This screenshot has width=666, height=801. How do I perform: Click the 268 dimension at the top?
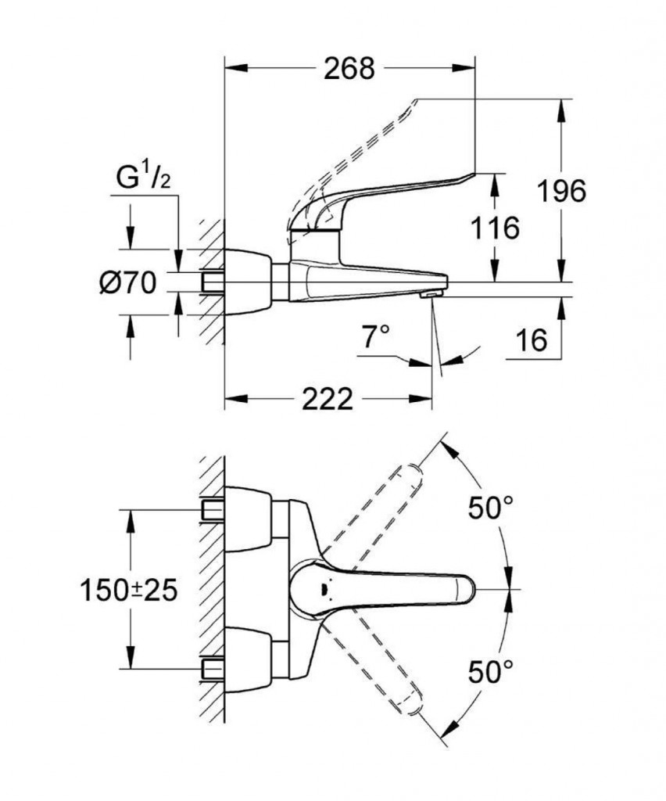point(349,69)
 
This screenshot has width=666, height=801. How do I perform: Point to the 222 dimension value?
point(328,399)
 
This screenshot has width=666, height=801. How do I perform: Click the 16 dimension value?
point(532,340)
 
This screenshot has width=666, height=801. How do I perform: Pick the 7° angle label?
point(375,338)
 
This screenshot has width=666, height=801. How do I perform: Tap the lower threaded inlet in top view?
point(212,668)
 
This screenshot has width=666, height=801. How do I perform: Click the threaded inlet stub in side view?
point(212,282)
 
